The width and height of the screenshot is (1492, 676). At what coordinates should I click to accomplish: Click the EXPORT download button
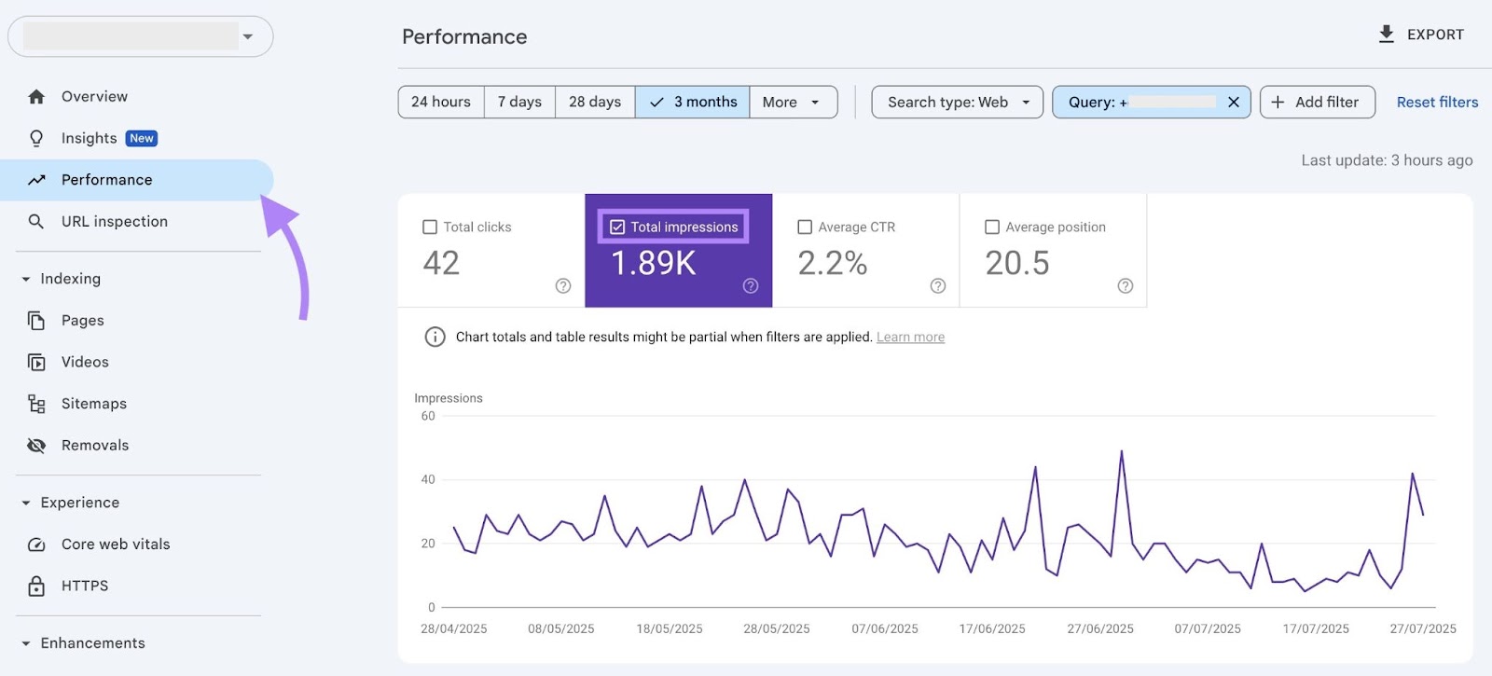click(1421, 34)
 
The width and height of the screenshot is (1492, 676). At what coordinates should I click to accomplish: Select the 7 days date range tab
click(519, 102)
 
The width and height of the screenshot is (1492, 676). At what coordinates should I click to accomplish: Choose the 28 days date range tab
click(595, 102)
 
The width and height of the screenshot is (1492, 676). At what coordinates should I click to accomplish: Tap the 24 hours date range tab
click(440, 102)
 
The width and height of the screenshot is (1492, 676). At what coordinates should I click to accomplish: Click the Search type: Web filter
click(957, 102)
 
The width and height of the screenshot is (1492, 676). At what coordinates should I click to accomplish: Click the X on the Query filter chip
click(1233, 102)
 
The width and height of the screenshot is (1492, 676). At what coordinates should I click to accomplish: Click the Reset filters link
click(1437, 102)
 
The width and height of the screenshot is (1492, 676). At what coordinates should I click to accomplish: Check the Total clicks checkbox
click(430, 227)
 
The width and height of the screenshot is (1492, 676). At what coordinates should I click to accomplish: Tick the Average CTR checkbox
click(805, 227)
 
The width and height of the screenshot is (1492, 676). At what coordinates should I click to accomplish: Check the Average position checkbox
click(992, 227)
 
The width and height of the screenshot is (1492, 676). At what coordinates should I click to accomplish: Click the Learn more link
click(910, 338)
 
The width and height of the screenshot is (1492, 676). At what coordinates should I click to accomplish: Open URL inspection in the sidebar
click(114, 221)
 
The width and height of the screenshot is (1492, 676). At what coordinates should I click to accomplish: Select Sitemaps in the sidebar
click(93, 404)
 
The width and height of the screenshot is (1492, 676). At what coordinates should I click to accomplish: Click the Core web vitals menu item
click(116, 544)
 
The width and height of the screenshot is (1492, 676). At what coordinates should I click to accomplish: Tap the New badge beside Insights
click(142, 138)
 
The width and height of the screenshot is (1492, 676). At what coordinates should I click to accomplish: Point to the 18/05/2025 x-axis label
click(669, 628)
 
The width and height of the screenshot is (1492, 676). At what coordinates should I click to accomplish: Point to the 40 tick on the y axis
click(428, 479)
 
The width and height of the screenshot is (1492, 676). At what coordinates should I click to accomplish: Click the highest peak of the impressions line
click(1121, 452)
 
